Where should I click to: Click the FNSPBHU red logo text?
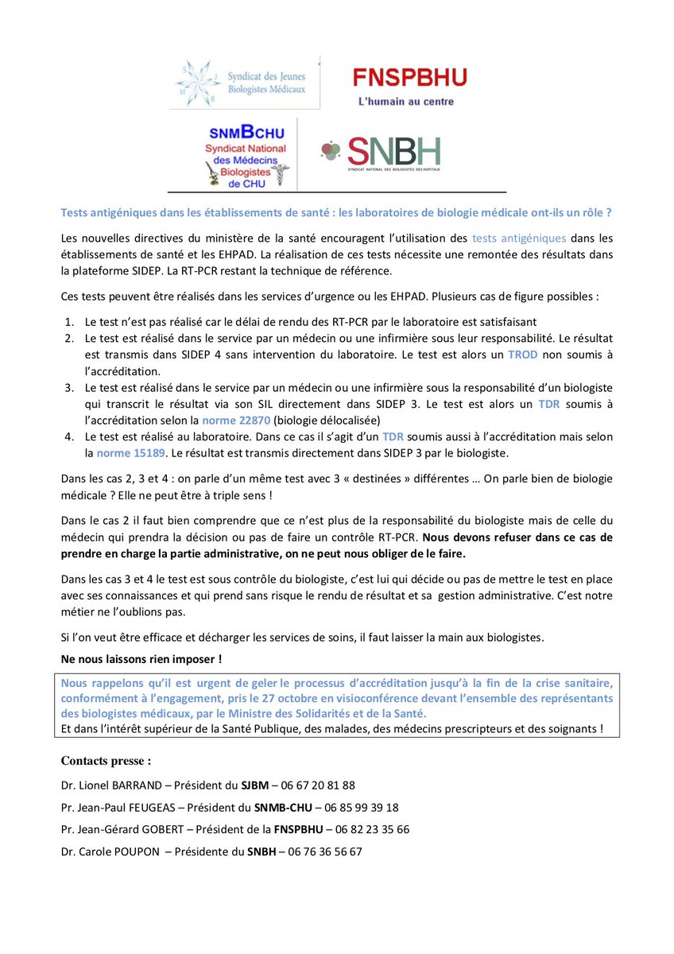[409, 78]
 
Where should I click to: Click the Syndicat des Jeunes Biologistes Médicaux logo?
[244, 82]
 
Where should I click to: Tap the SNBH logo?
[382, 152]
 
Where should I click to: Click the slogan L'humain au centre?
[405, 102]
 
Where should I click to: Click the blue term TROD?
[524, 354]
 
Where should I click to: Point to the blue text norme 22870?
[231, 420]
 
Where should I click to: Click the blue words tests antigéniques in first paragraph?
[519, 238]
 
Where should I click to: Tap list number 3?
[68, 387]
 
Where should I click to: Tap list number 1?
[68, 321]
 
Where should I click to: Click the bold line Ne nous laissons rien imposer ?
[141, 659]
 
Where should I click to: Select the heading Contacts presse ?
[106, 761]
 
